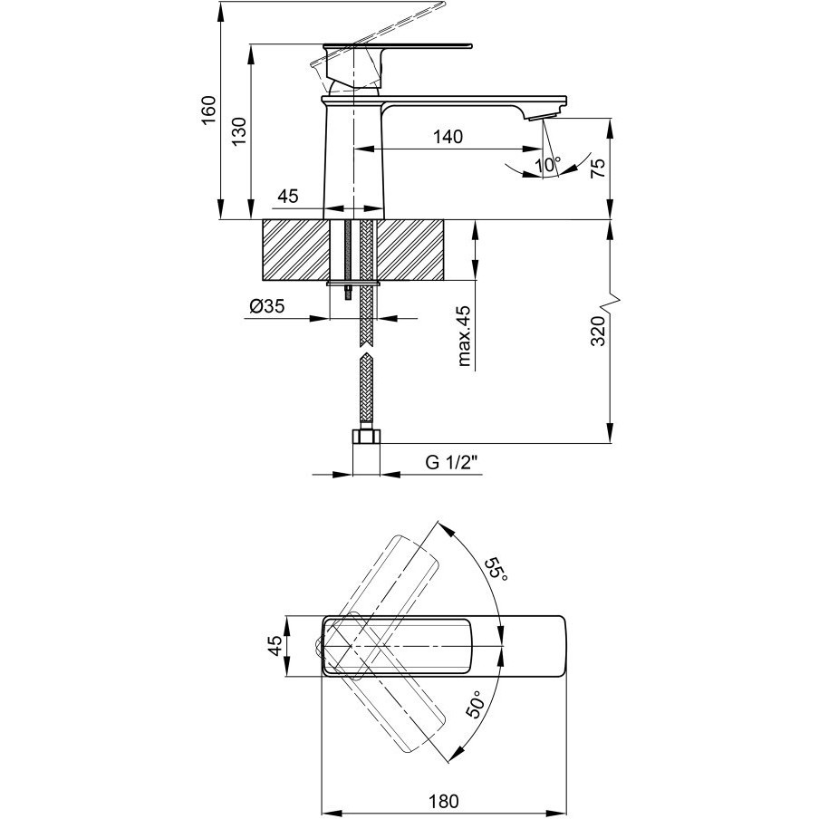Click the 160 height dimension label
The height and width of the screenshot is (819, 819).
click(208, 111)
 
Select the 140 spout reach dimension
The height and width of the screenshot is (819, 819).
click(448, 137)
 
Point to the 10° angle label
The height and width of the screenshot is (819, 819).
click(548, 165)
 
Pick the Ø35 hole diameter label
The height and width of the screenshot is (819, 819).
click(267, 306)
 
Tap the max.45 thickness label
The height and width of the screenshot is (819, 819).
click(463, 336)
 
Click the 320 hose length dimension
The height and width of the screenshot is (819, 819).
click(598, 332)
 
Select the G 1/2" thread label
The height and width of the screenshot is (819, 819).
click(452, 462)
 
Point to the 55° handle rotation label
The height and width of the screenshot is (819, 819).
click(496, 572)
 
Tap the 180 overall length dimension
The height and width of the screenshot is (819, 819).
click(443, 801)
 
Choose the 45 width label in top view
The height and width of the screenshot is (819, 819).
click(275, 646)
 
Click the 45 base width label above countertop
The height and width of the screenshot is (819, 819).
click(288, 197)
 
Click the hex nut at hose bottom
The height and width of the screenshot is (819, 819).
click(367, 437)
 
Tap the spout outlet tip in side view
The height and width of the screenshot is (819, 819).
click(542, 117)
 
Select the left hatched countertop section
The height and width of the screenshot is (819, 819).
click(296, 250)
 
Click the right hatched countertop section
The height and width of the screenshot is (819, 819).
click(410, 250)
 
